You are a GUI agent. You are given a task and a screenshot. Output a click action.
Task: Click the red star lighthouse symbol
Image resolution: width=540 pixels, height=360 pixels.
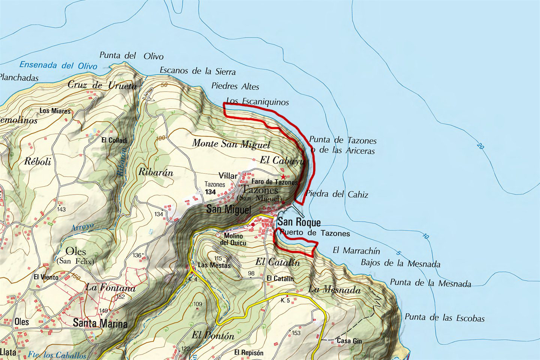point(283,176)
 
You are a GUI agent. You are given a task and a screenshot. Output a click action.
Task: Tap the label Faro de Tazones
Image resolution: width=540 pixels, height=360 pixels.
point(274,182)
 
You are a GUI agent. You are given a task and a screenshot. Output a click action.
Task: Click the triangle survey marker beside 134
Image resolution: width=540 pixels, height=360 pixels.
point(200,191)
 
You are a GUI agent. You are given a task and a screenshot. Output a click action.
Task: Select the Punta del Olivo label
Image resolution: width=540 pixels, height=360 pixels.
point(131,56)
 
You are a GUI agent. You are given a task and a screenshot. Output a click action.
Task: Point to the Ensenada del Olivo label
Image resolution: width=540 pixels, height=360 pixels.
point(58,65)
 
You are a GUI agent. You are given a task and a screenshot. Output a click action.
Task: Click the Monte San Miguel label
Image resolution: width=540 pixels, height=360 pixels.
point(231,144)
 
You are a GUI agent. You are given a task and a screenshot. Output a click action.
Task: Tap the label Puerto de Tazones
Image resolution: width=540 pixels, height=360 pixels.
point(315,233)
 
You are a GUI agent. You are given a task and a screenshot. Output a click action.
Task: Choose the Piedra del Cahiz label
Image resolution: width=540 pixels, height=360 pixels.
point(337,194)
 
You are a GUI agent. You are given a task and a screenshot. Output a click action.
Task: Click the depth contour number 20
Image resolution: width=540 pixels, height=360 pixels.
point(480,145)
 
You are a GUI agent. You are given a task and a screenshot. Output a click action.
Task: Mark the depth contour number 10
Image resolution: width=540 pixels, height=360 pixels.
point(425,236)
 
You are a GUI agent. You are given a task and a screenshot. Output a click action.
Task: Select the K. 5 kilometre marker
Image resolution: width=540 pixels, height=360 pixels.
point(285,300)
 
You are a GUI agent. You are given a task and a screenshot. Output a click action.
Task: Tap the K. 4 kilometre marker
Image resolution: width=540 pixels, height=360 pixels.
point(193,279)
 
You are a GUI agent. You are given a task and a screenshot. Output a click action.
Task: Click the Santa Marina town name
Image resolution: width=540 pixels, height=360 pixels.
point(100,323)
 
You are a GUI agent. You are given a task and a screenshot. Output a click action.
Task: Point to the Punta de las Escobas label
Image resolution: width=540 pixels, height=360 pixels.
point(444,318)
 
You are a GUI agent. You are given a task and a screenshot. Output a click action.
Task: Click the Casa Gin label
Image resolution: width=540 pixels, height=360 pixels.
point(349,341)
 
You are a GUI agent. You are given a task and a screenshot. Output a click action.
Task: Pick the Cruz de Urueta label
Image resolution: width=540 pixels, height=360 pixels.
point(102,85)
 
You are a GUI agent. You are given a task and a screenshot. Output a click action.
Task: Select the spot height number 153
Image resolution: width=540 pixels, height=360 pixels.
point(296,333)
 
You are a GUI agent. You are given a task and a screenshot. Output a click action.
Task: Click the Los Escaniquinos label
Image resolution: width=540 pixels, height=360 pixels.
point(257,101)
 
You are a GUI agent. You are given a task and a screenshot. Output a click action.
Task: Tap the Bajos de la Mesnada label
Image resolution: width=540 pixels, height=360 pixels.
point(400,263)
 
